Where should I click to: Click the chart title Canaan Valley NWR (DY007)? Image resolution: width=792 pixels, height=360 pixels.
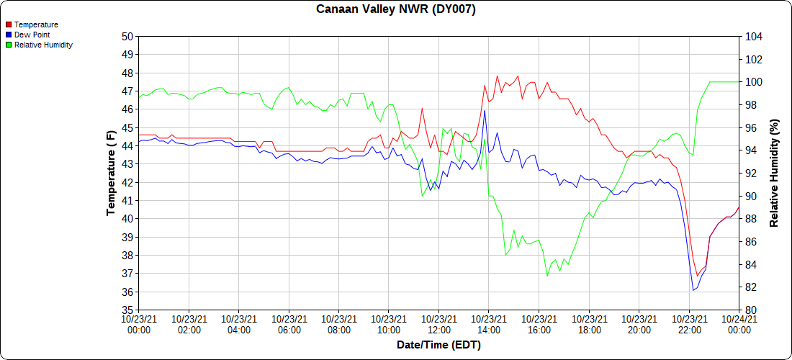pyautogui.click(x=396, y=9)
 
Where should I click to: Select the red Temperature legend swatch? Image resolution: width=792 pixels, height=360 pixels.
pyautogui.click(x=9, y=25)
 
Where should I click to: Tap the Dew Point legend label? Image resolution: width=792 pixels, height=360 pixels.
pyautogui.click(x=32, y=35)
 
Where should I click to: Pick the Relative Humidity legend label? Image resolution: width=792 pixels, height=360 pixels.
pyautogui.click(x=43, y=45)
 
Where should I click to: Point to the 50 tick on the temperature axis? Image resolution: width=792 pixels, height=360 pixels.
pyautogui.click(x=127, y=36)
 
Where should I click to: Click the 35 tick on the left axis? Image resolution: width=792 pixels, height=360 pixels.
pyautogui.click(x=127, y=310)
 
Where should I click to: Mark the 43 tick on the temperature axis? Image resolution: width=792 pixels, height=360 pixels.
pyautogui.click(x=127, y=164)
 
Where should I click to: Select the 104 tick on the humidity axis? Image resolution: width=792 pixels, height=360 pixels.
pyautogui.click(x=752, y=36)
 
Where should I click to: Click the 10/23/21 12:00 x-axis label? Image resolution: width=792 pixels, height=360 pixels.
pyautogui.click(x=438, y=325)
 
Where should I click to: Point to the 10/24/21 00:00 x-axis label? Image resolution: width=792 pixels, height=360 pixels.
pyautogui.click(x=739, y=325)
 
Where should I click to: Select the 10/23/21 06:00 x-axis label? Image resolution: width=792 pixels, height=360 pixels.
pyautogui.click(x=289, y=325)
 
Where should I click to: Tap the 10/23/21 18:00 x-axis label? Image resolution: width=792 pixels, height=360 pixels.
pyautogui.click(x=589, y=325)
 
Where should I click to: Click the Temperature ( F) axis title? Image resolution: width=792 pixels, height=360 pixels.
pyautogui.click(x=111, y=173)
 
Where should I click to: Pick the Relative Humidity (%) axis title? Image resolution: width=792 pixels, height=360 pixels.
pyautogui.click(x=775, y=173)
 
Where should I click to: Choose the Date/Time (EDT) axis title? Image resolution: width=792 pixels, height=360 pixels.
pyautogui.click(x=438, y=345)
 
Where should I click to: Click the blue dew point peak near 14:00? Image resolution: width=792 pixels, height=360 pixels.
pyautogui.click(x=485, y=110)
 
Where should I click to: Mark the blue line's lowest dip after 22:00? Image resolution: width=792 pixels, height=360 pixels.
pyautogui.click(x=693, y=290)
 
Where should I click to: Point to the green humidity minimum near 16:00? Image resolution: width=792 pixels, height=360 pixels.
pyautogui.click(x=547, y=276)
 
